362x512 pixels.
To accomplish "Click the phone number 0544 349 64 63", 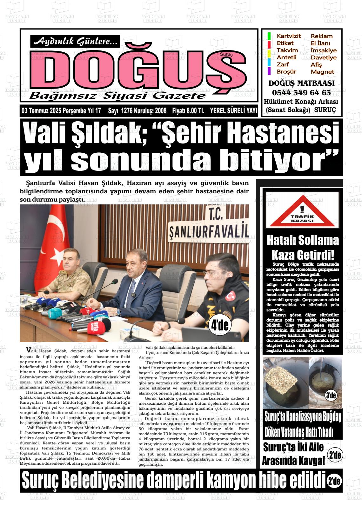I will [301, 93].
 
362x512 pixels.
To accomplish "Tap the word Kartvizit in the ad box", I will [289, 36].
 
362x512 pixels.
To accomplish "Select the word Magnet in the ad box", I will [322, 72].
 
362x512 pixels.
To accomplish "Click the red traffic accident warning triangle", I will [302, 212].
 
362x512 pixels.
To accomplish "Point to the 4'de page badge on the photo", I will [220, 325].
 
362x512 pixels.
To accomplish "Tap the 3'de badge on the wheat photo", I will [331, 396].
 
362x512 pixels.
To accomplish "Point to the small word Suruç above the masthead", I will [226, 55].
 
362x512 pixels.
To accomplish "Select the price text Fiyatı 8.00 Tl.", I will [188, 111].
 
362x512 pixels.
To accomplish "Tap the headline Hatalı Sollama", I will [302, 240].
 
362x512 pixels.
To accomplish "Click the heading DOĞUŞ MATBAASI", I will [301, 83].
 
